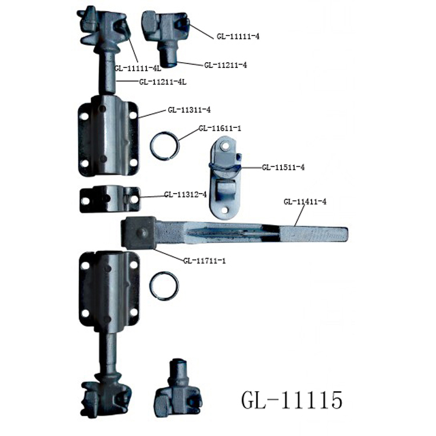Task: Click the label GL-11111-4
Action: (238, 36)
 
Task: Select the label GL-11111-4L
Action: (138, 68)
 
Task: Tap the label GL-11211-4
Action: (226, 65)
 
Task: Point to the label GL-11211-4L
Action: (162, 81)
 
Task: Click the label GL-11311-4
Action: (189, 109)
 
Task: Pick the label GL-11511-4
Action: (283, 167)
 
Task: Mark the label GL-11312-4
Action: (185, 194)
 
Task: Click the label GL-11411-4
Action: (305, 202)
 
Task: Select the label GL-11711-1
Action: (204, 260)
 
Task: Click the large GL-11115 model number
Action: (291, 400)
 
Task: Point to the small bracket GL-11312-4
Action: (109, 199)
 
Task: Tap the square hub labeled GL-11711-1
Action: (138, 234)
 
